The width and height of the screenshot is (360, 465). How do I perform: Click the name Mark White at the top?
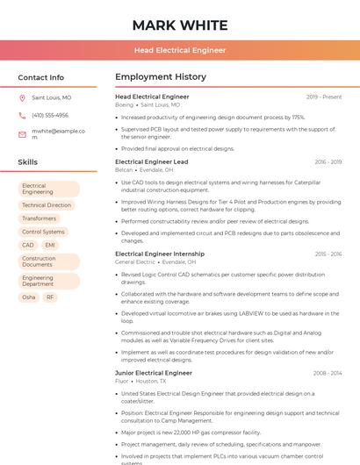click(x=179, y=25)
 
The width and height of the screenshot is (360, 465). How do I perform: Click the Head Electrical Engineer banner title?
click(x=179, y=51)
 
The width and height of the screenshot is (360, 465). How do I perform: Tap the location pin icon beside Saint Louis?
click(x=22, y=98)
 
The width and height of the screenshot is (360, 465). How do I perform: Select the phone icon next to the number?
click(x=22, y=116)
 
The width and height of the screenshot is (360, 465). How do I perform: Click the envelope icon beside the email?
click(x=22, y=134)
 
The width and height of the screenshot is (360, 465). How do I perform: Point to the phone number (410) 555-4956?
click(x=50, y=116)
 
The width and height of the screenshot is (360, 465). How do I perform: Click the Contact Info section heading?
click(x=40, y=78)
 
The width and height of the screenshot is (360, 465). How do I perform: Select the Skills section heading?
click(x=27, y=162)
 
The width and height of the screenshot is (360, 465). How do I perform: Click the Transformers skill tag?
click(x=39, y=218)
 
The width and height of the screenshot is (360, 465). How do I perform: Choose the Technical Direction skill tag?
click(x=47, y=205)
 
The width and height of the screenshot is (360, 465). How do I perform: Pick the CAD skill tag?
click(x=28, y=246)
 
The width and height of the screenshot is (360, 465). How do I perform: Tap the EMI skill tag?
click(x=50, y=246)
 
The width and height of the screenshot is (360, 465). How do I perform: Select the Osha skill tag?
click(x=29, y=297)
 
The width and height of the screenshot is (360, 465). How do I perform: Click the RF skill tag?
click(x=50, y=297)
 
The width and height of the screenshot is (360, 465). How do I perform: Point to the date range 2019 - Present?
click(x=324, y=97)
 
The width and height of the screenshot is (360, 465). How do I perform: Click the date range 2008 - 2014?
click(x=327, y=373)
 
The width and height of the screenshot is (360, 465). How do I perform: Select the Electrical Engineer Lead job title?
click(x=151, y=162)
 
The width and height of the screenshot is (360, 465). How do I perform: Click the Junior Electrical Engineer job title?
click(x=153, y=373)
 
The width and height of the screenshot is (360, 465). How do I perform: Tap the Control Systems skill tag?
click(x=43, y=232)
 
